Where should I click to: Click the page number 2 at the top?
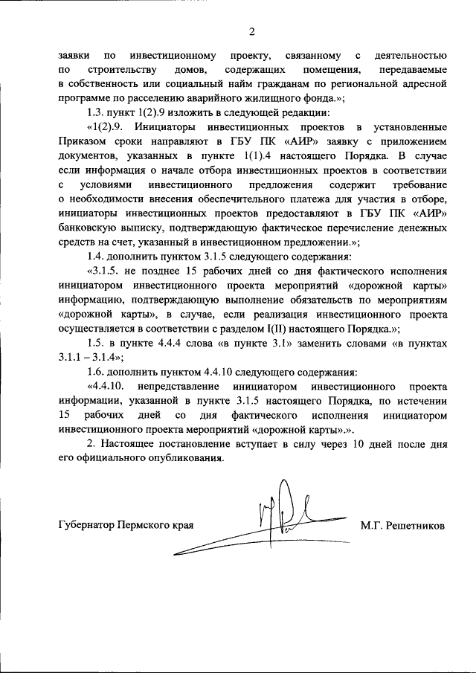[x=251, y=31]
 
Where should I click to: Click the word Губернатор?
[x=86, y=525]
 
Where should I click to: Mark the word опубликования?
[x=189, y=457]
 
